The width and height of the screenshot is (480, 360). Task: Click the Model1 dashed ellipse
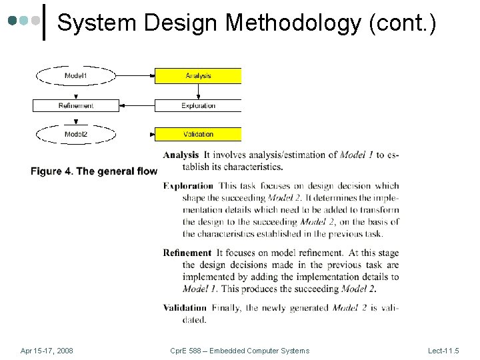75,76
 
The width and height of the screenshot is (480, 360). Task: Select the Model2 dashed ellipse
75,135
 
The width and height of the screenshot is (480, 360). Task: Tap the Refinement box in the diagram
75,105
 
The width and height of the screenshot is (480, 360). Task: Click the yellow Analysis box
198,76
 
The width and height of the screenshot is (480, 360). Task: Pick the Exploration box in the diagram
198,105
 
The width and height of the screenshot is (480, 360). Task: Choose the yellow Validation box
198,135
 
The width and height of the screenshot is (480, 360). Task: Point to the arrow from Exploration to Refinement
137,105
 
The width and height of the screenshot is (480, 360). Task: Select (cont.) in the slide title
403,23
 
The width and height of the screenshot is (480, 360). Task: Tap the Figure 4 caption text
94,171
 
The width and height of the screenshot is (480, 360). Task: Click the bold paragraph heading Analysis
181,155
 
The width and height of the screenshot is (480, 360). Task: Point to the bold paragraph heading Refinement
187,253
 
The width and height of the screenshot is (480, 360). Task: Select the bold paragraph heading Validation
185,308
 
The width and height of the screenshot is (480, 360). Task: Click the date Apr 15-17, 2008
47,351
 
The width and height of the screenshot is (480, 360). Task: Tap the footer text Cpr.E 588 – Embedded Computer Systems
239,351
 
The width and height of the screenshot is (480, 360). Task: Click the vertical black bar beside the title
44,22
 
